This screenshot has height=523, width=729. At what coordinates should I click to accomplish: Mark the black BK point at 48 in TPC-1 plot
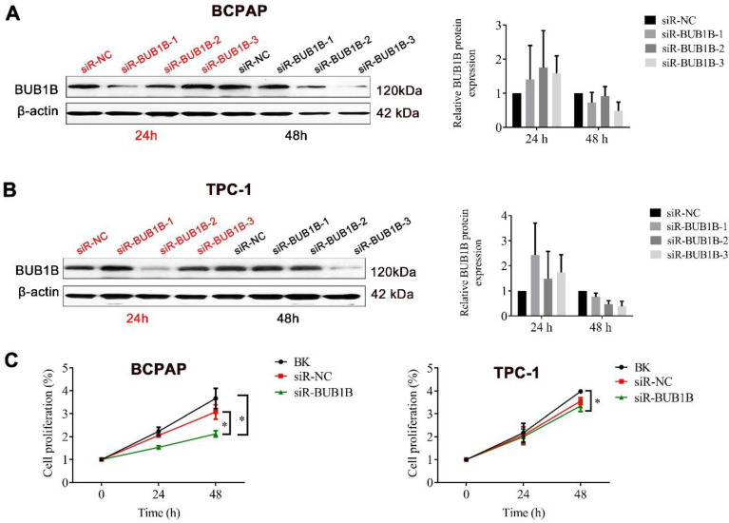tap(579, 392)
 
